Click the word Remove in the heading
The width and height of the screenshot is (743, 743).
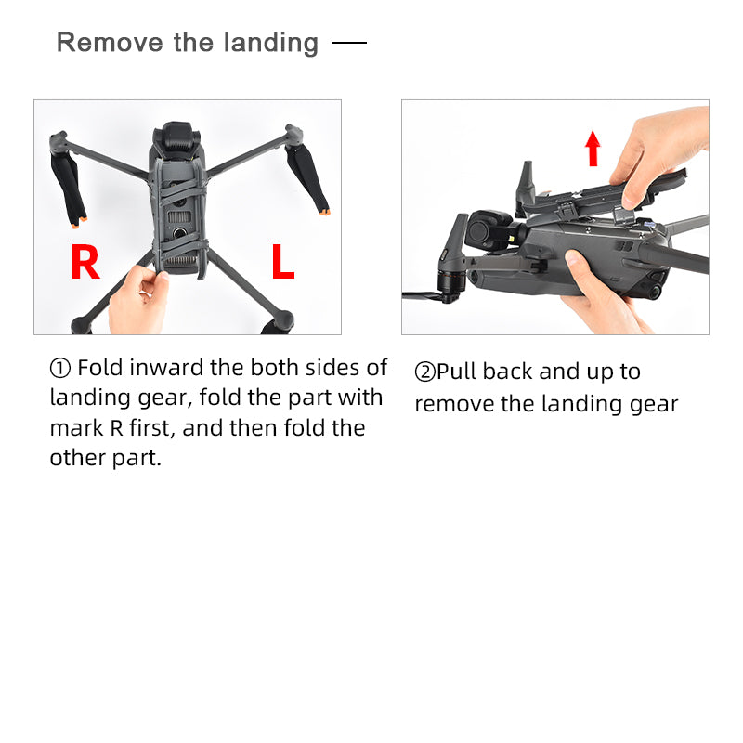pyautogui.click(x=110, y=42)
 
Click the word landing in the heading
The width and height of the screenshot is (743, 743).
pyautogui.click(x=270, y=43)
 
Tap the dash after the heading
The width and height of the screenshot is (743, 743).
pyautogui.click(x=349, y=43)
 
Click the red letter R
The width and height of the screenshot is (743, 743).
pyautogui.click(x=85, y=262)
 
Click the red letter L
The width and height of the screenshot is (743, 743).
pyautogui.click(x=283, y=261)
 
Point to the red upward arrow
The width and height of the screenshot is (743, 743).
pyautogui.click(x=593, y=148)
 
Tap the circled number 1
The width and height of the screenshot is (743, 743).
pyautogui.click(x=60, y=368)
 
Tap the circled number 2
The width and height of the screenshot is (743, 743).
pyautogui.click(x=424, y=371)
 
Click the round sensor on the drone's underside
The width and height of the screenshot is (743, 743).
pyautogui.click(x=179, y=233)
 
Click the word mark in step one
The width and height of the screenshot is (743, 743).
pyautogui.click(x=76, y=427)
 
